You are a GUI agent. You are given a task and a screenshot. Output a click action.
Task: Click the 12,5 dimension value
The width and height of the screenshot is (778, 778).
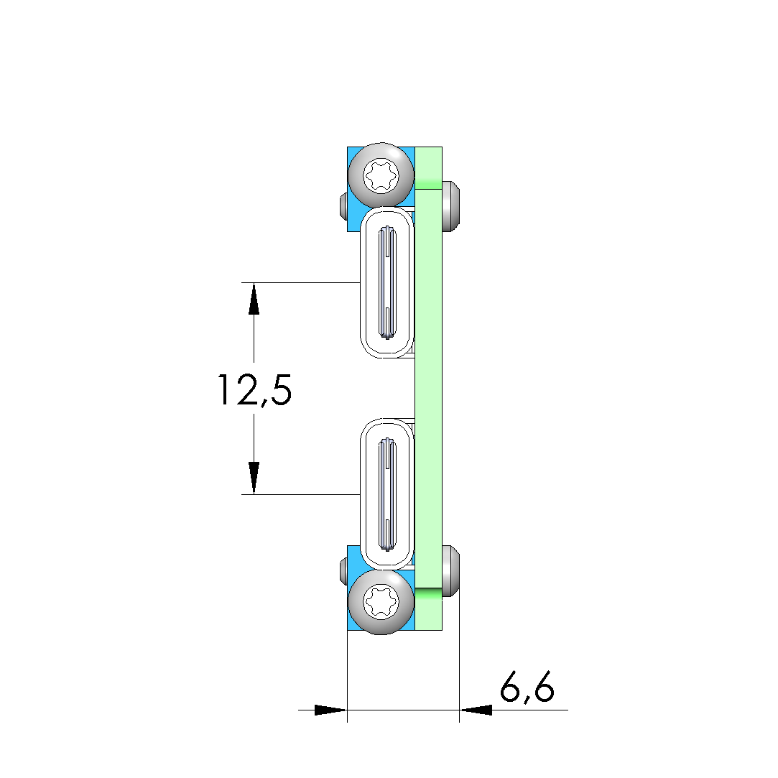pos(254,391)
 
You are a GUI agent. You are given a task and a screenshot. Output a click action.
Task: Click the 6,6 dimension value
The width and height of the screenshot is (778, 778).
pos(527,688)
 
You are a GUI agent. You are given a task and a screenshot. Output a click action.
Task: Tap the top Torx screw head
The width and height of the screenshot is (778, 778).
pos(381,175)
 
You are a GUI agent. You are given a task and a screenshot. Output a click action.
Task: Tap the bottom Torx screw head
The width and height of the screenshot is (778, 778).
pos(381,602)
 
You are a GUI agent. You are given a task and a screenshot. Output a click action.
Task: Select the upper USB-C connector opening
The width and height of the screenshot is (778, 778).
pos(387,282)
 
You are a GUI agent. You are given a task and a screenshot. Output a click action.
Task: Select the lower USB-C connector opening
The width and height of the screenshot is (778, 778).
pos(387,494)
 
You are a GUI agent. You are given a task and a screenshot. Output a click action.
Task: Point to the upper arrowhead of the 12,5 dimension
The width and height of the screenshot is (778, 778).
pos(254,298)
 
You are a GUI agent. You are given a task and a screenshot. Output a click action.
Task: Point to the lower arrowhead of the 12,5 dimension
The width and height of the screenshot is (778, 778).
pos(254,478)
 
